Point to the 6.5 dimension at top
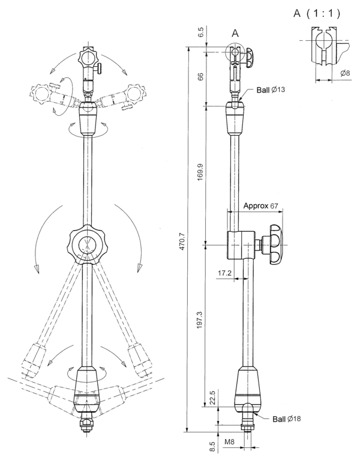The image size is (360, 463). tap(200, 31)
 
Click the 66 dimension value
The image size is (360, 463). tap(200, 76)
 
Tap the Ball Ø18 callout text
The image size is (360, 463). tap(287, 419)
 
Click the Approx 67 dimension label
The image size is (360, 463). tap(262, 206)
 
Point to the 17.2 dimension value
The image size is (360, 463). tap(225, 273)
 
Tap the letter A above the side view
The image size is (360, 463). tap(235, 34)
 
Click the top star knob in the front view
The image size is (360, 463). tap(88, 58)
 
